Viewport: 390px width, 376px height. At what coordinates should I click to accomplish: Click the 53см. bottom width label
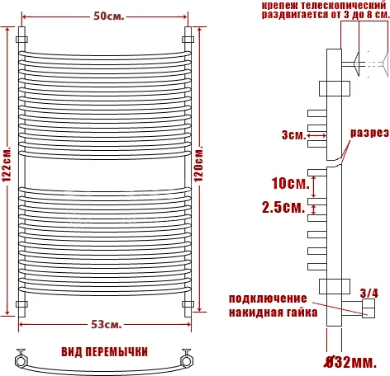click(x=107, y=322)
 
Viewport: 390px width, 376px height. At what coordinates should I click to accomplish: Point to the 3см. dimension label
click(x=292, y=134)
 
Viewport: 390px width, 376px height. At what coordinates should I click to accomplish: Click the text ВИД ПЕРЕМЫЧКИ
click(x=104, y=352)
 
